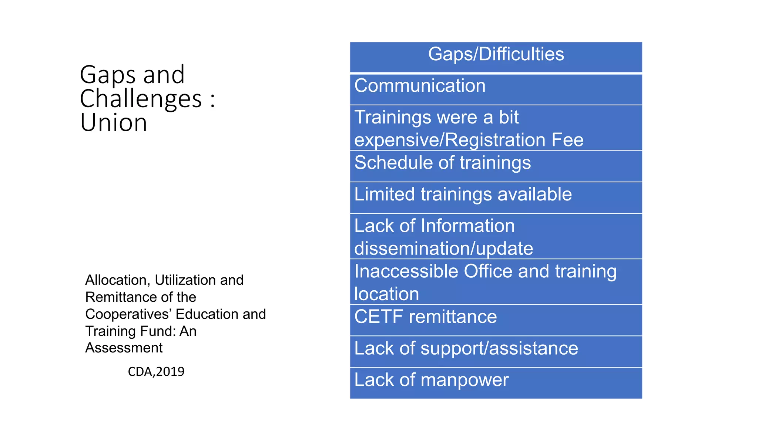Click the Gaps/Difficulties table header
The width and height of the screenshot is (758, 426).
coord(496,54)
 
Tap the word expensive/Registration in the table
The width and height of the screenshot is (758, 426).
coord(450,140)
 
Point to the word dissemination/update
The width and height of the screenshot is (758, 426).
coord(443,248)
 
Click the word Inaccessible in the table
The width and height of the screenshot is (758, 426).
coord(406,271)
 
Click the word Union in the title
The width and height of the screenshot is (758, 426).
coord(114,123)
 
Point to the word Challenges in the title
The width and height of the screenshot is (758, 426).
coord(141,99)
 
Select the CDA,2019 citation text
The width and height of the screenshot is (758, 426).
coord(156,372)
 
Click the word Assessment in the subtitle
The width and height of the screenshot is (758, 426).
coord(124,348)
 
